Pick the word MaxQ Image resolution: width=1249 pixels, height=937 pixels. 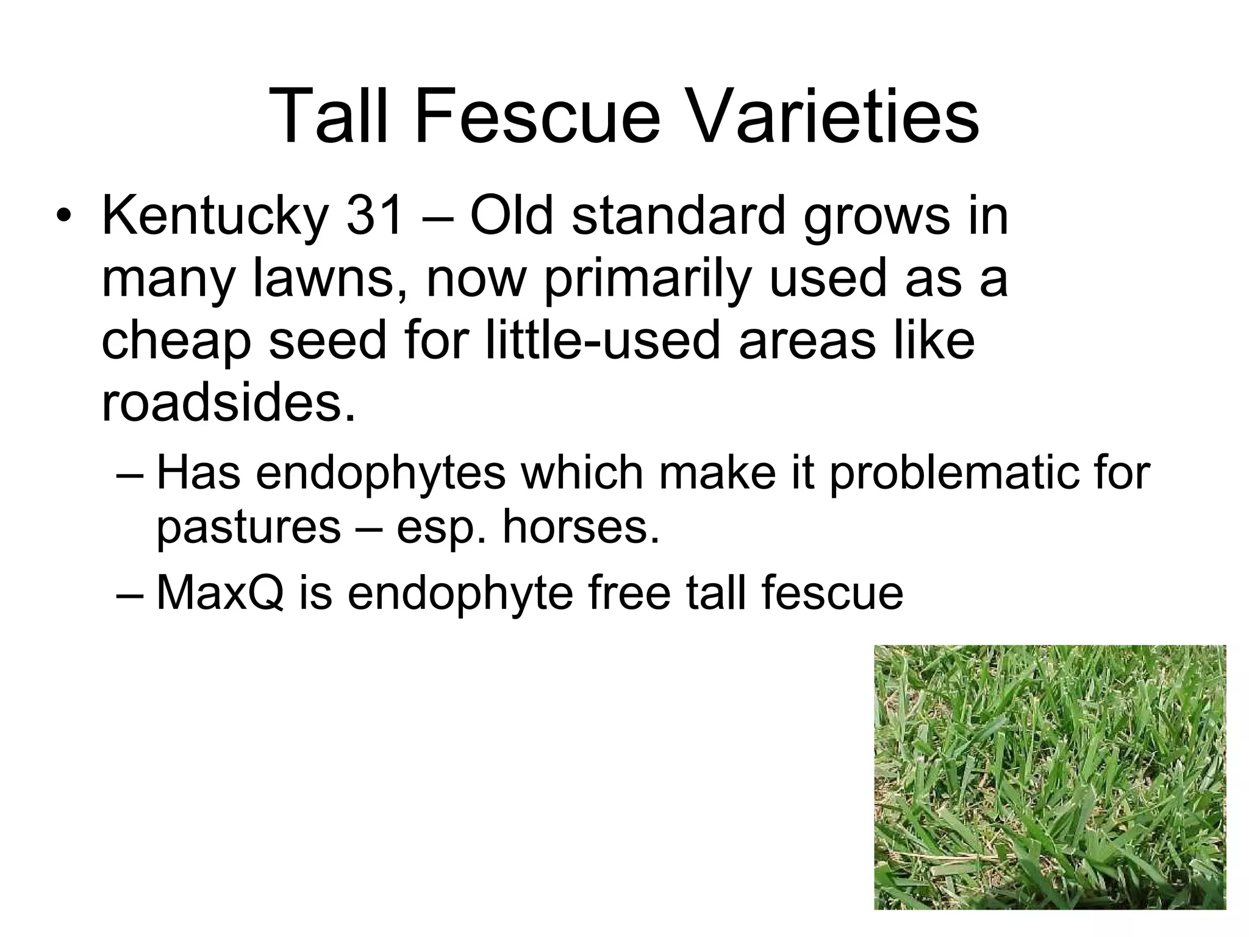[220, 593]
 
